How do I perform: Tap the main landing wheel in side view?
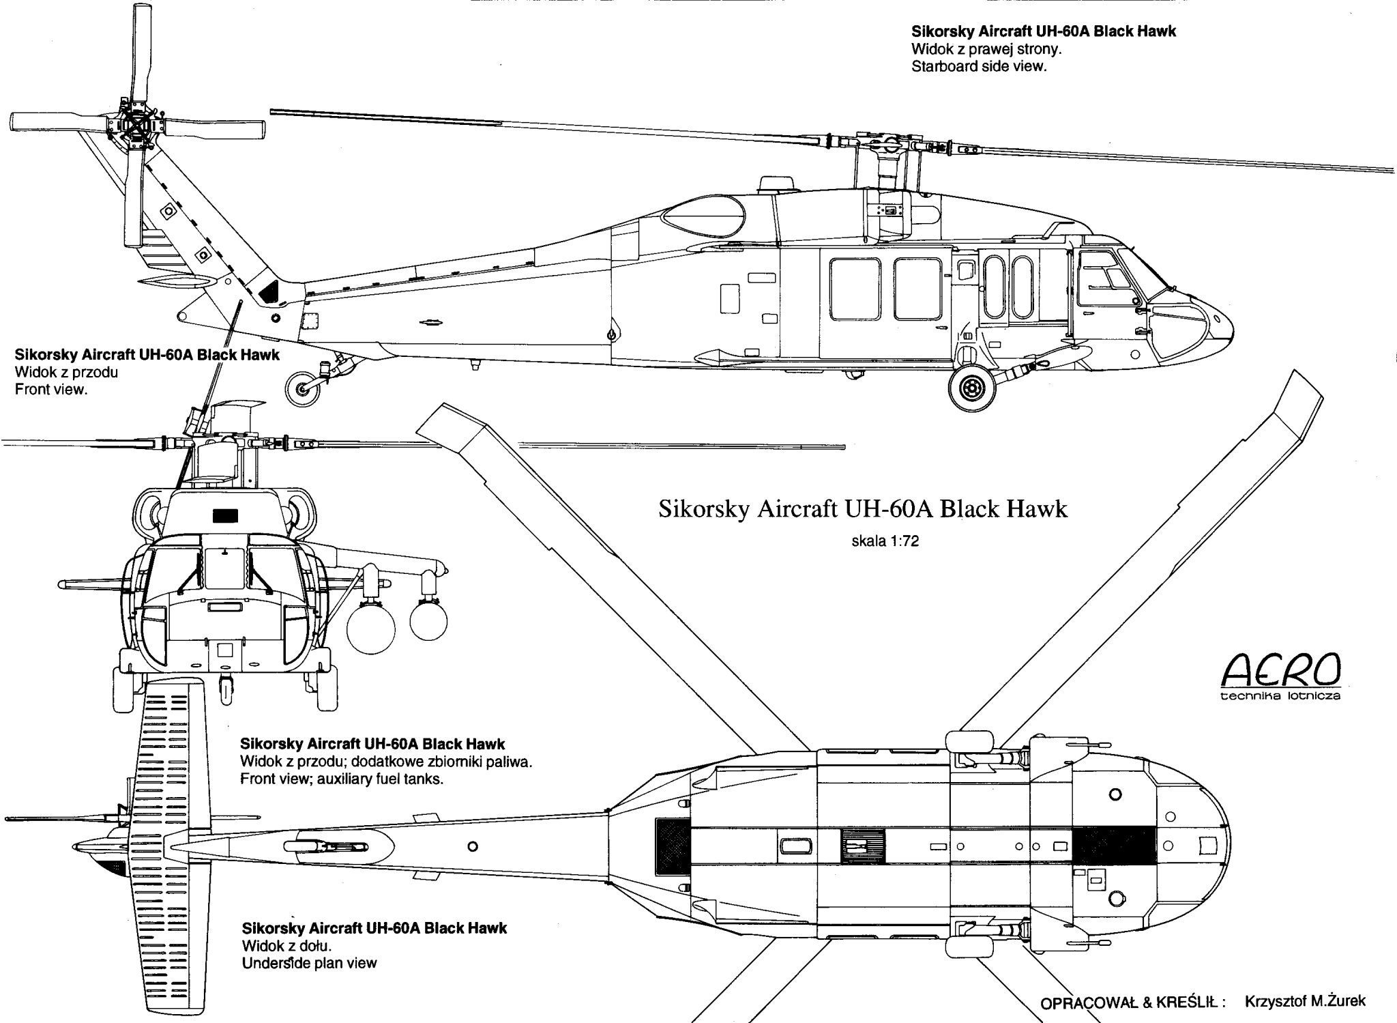971,388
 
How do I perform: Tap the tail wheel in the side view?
302,389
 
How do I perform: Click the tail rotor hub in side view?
135,127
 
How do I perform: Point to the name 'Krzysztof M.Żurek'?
1306,1001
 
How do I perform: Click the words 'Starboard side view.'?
979,67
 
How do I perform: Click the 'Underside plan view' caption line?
309,963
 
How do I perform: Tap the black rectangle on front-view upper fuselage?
225,515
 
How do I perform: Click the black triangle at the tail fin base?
270,289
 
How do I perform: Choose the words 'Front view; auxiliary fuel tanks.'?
342,779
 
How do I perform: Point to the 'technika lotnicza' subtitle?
1280,696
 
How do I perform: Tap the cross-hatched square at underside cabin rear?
673,846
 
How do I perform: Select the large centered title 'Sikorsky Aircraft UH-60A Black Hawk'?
862,509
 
